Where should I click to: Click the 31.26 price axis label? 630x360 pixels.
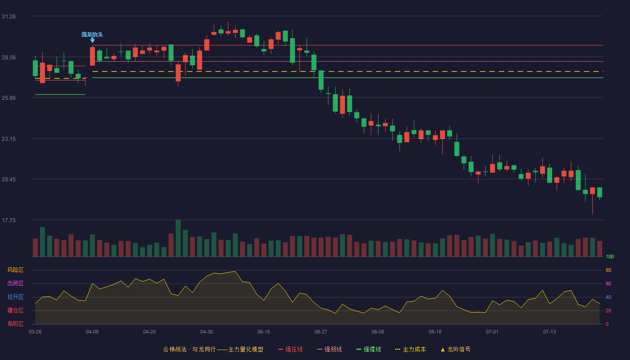pyautogui.click(x=9, y=17)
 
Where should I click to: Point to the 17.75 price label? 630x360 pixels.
pyautogui.click(x=9, y=220)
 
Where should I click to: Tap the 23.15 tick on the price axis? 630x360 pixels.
pyautogui.click(x=9, y=139)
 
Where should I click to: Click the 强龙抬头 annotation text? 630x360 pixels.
pyautogui.click(x=92, y=35)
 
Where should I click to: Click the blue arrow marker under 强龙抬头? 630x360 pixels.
pyautogui.click(x=92, y=40)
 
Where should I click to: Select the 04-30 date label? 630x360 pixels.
pyautogui.click(x=207, y=332)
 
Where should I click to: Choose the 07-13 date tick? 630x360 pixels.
pyautogui.click(x=549, y=332)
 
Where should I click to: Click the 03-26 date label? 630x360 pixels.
pyautogui.click(x=35, y=332)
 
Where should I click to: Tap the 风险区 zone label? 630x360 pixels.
pyautogui.click(x=15, y=270)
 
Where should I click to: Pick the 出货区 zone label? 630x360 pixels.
pyautogui.click(x=15, y=283)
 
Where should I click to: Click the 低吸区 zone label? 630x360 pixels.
pyautogui.click(x=15, y=324)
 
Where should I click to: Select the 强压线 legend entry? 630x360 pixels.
pyautogui.click(x=290, y=349)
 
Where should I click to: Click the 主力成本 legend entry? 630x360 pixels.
pyautogui.click(x=410, y=349)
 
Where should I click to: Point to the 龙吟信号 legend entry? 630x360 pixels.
pyautogui.click(x=455, y=349)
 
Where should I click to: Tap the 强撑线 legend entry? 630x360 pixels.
pyautogui.click(x=369, y=349)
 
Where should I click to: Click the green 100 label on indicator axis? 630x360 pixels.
pyautogui.click(x=610, y=256)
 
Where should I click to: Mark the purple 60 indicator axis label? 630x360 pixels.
pyautogui.click(x=608, y=283)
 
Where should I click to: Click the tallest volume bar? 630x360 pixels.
pyautogui.click(x=178, y=238)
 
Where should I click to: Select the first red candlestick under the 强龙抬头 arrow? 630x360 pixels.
pyautogui.click(x=92, y=56)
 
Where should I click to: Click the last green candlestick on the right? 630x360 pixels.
pyautogui.click(x=599, y=193)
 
